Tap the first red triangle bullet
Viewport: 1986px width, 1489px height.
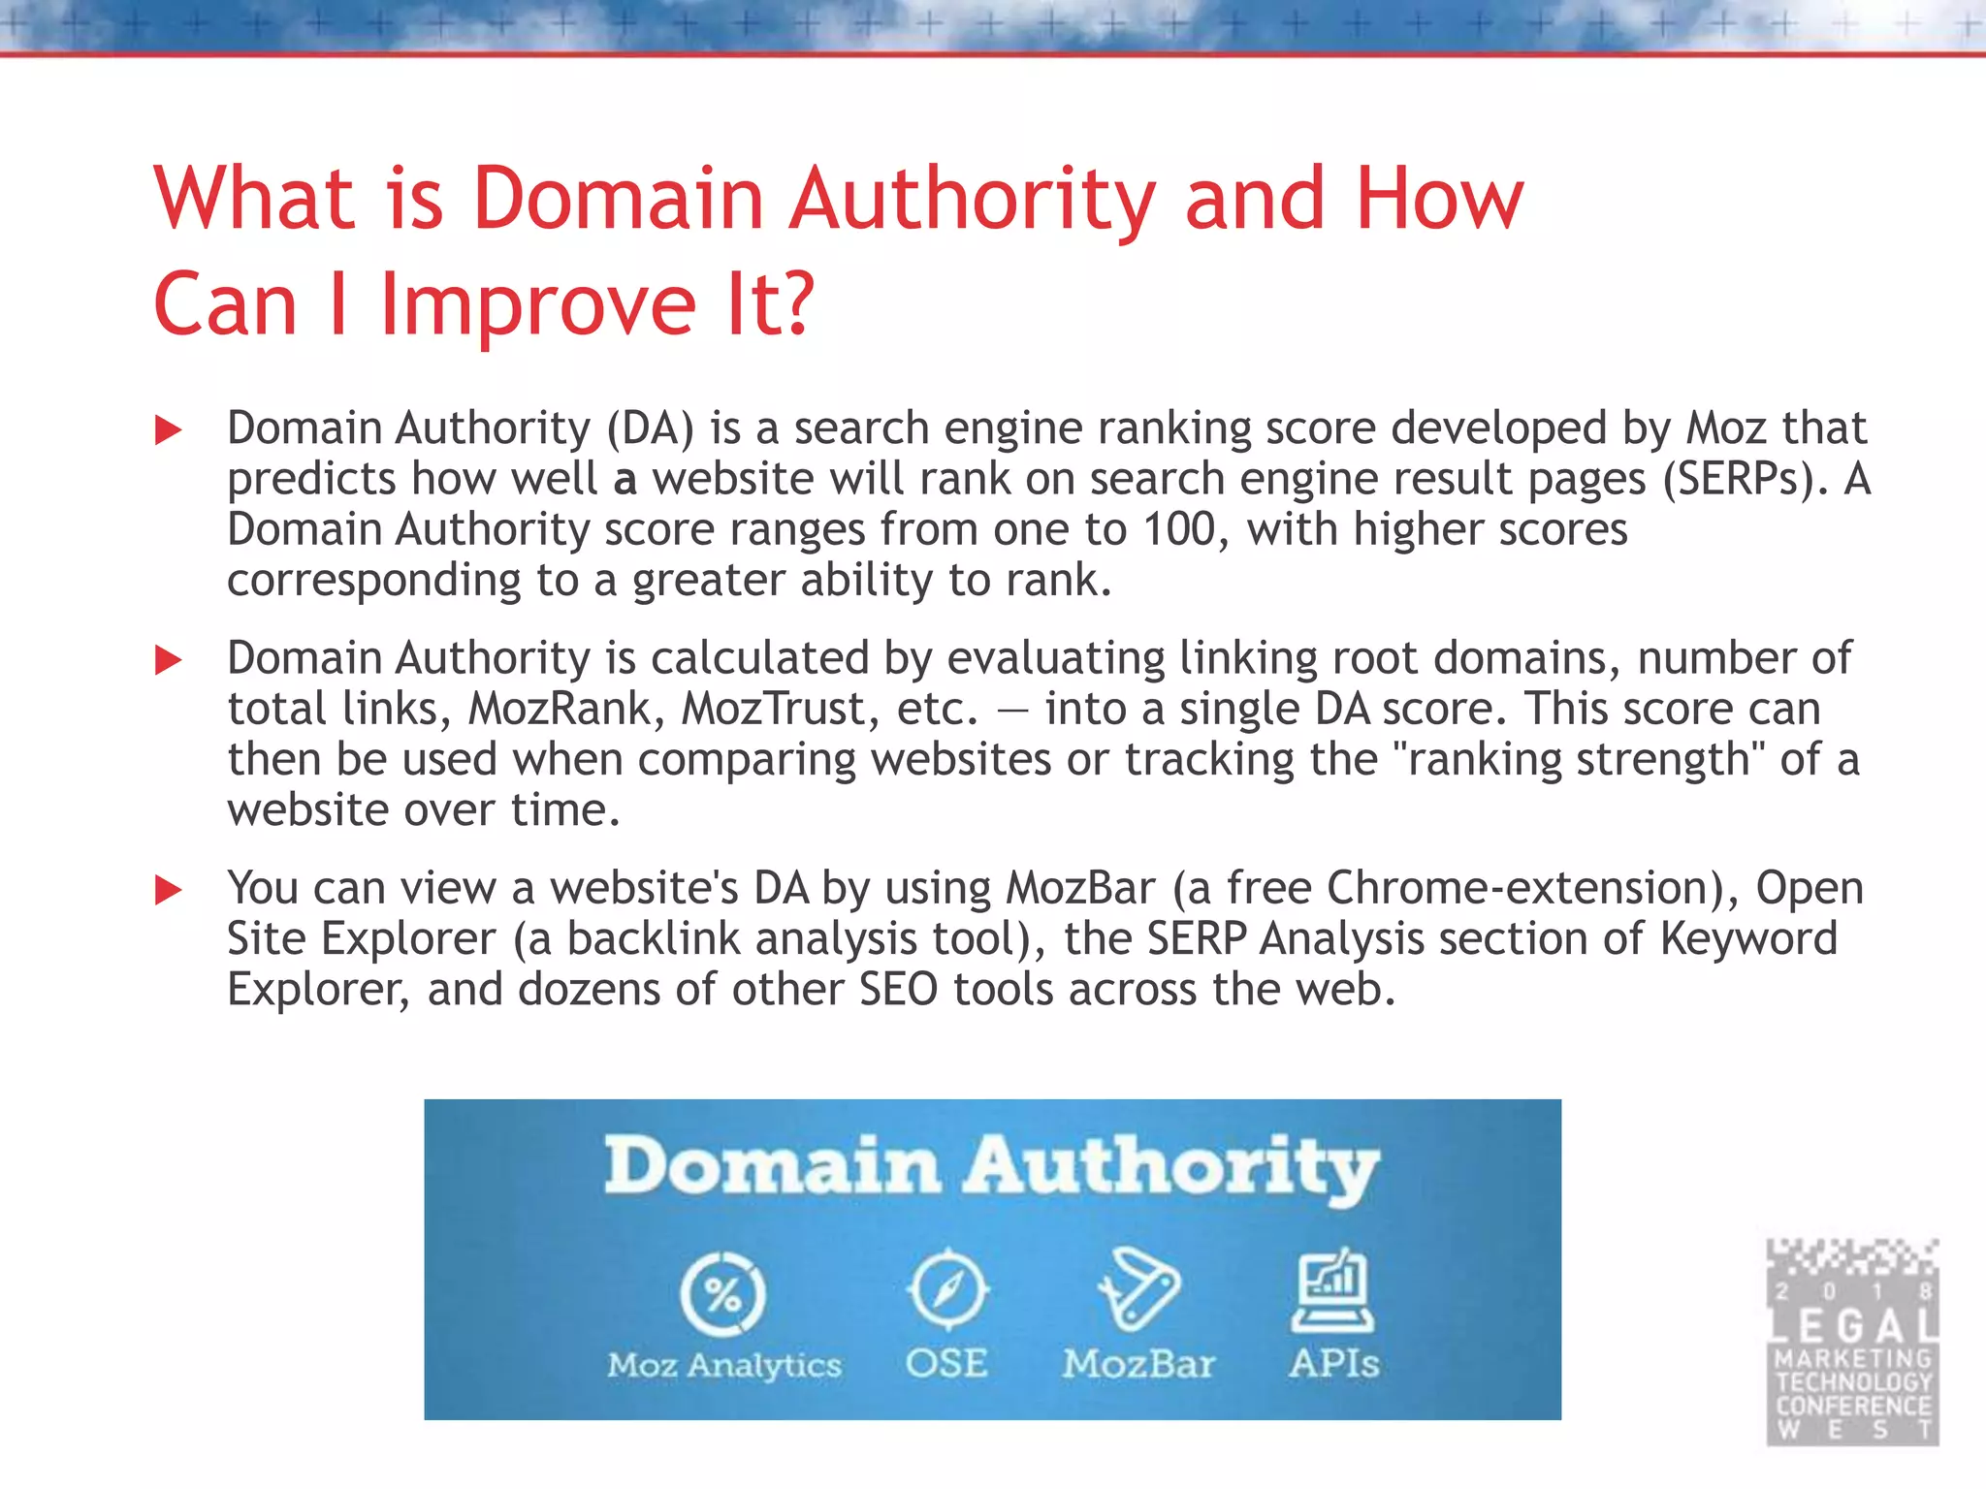[169, 430]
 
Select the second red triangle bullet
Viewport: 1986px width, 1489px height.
[169, 661]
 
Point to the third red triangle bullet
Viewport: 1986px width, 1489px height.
[169, 890]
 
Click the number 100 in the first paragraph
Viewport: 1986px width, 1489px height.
[1179, 530]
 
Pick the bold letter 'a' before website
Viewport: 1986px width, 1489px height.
[625, 480]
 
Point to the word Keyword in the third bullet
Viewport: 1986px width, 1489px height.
[1748, 938]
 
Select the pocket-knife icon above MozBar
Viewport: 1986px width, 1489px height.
[1138, 1290]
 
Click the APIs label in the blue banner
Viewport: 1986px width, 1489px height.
[1333, 1364]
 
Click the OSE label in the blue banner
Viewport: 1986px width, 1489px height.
[946, 1364]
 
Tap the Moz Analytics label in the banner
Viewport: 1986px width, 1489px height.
[724, 1366]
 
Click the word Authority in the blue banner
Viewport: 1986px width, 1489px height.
[1171, 1168]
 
